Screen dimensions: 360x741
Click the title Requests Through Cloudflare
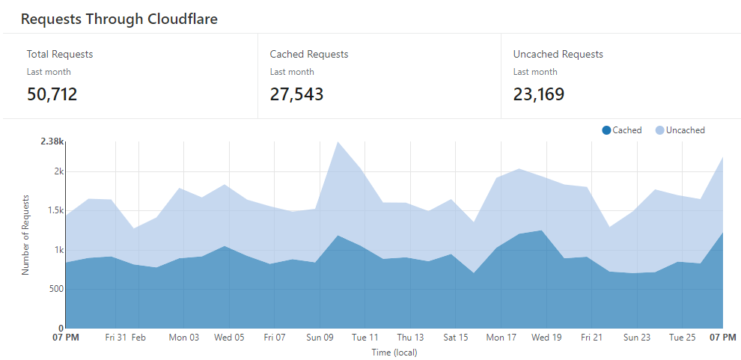point(119,19)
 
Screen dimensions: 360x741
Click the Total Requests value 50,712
point(52,94)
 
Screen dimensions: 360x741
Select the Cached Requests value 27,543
point(296,94)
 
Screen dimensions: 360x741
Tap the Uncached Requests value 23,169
point(539,94)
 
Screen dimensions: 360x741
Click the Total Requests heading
point(60,54)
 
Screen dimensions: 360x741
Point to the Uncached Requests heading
point(558,54)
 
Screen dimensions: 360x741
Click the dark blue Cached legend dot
point(606,130)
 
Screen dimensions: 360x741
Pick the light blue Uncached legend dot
point(659,130)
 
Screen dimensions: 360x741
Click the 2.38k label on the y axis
point(52,141)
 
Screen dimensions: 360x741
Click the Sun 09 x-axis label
point(320,338)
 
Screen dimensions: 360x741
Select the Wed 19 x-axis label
point(546,338)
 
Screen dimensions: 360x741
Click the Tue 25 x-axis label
point(682,338)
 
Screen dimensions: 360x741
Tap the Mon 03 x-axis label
point(184,338)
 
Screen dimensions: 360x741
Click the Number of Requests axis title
point(25,235)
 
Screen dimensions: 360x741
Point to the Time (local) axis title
point(394,352)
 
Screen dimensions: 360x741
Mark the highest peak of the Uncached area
point(338,142)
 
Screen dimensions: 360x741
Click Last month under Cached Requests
point(292,72)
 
